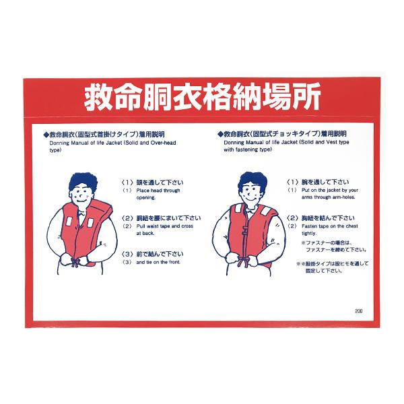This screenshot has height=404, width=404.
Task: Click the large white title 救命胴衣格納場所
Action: coord(202,99)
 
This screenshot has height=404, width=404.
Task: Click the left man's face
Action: coord(80,193)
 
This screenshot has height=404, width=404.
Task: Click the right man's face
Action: coord(250,193)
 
